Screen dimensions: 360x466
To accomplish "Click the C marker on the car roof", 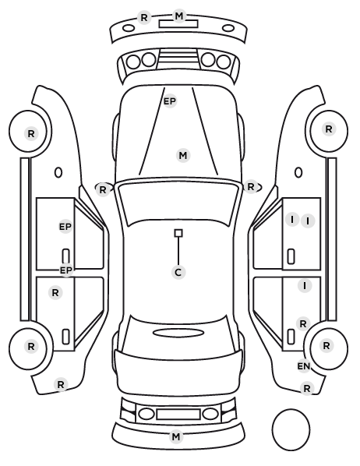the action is (178, 272).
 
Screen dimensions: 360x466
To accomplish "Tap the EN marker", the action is (304, 366).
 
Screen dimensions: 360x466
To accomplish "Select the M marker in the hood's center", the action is (183, 155).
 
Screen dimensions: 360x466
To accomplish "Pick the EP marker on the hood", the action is (170, 101).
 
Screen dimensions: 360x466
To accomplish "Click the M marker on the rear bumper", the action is (175, 437).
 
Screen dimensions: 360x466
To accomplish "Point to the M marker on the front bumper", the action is (179, 16).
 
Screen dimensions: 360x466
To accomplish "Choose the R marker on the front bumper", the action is (144, 18).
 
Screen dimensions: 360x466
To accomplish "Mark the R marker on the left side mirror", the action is (103, 190).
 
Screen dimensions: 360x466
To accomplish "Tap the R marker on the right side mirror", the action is (251, 187).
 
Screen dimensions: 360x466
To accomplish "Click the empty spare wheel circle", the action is (291, 429).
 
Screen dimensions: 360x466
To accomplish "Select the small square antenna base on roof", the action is (178, 233).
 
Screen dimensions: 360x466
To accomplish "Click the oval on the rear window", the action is (178, 333).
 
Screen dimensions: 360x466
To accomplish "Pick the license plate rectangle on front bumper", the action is (178, 24).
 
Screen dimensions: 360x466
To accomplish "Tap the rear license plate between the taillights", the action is (178, 415).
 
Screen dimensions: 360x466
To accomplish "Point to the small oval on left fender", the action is (58, 172).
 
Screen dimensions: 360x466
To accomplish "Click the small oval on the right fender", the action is (298, 172).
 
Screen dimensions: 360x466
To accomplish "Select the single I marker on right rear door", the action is (305, 286).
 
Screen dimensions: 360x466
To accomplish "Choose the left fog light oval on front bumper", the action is (129, 29).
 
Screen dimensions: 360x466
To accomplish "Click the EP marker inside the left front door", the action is (65, 227).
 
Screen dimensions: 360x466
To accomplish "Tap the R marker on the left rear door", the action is (55, 293).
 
